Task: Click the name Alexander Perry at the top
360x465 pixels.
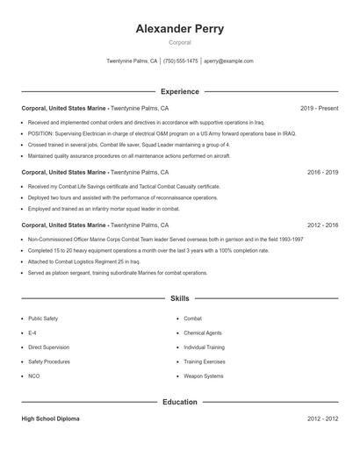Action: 179,28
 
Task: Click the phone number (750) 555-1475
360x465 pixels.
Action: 180,61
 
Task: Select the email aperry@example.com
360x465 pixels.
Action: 228,61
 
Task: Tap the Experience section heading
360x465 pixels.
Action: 179,91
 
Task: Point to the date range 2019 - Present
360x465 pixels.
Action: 319,108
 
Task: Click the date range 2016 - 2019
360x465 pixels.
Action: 322,173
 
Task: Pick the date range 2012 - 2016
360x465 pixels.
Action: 322,225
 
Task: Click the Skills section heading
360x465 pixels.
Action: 179,299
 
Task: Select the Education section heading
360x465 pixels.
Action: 179,403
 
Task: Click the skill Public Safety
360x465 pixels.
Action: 43,318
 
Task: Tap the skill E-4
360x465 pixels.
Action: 32,333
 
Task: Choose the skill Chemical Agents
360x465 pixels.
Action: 202,333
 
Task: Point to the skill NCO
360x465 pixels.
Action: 34,376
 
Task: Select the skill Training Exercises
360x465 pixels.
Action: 204,361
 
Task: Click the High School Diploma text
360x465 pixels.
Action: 50,419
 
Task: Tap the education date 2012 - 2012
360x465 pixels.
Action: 322,419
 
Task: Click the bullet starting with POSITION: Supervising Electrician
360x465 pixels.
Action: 162,133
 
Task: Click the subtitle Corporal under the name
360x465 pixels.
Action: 179,42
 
